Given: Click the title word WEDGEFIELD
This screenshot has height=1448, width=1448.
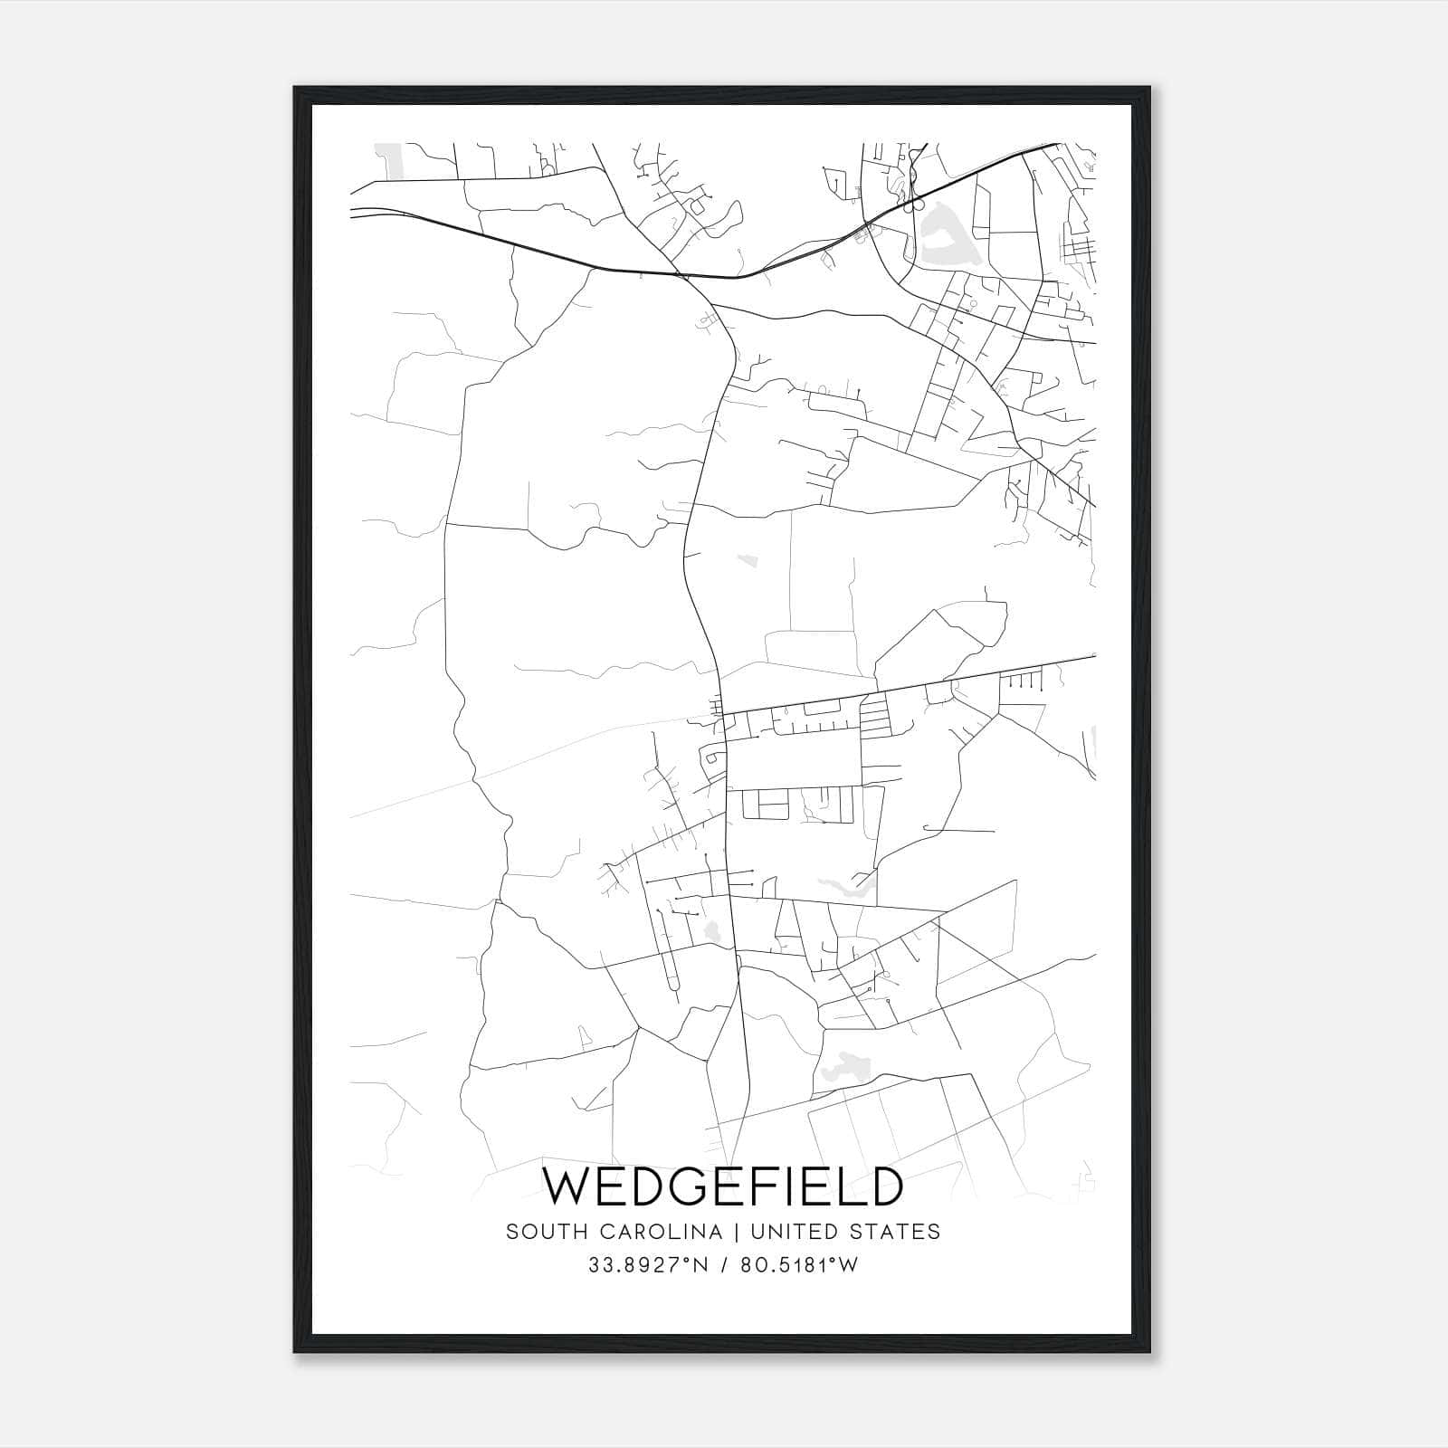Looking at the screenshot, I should (x=722, y=1186).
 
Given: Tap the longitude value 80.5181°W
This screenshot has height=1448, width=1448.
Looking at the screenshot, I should (x=798, y=1265).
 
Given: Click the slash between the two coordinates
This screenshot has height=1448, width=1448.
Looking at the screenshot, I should (x=723, y=1265).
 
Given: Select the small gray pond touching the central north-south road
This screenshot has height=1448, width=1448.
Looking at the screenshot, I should (x=712, y=930).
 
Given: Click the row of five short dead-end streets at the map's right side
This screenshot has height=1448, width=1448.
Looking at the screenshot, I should (x=1024, y=681).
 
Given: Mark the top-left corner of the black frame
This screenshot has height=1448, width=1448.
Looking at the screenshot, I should (x=295, y=88).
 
